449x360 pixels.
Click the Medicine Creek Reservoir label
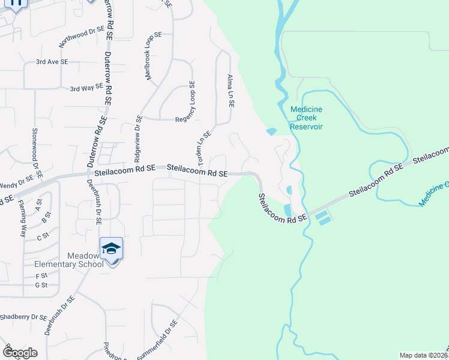click(306, 118)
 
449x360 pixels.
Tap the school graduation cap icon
click(111, 248)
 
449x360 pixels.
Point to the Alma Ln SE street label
click(230, 91)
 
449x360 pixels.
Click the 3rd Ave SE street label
click(52, 62)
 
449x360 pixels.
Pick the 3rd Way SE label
click(86, 88)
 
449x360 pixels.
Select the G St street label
click(41, 285)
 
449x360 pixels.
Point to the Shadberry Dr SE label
click(23, 317)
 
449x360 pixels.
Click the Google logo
click(20, 353)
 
